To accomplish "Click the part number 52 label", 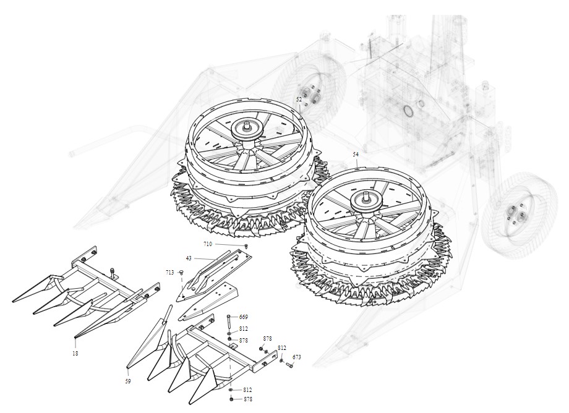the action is click(x=299, y=99).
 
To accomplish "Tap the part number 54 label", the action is click(x=356, y=154).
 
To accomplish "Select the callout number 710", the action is click(x=208, y=244).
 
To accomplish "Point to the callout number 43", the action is click(x=189, y=258).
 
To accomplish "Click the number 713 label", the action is click(x=170, y=272).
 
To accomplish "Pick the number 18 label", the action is click(x=75, y=353).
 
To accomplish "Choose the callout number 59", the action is click(x=128, y=381).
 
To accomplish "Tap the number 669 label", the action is click(x=244, y=317).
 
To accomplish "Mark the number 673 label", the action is click(x=296, y=357).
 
